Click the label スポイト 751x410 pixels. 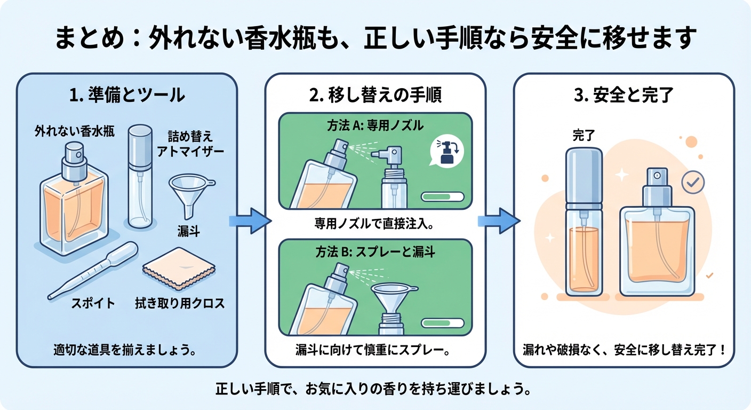click(x=93, y=304)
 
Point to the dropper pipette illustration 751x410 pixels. click(x=93, y=270)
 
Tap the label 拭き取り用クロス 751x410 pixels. click(x=180, y=304)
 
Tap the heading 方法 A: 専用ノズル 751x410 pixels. click(x=375, y=126)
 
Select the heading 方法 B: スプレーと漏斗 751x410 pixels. click(x=375, y=252)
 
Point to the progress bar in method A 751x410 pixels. click(x=442, y=196)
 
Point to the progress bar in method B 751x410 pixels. click(x=442, y=322)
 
